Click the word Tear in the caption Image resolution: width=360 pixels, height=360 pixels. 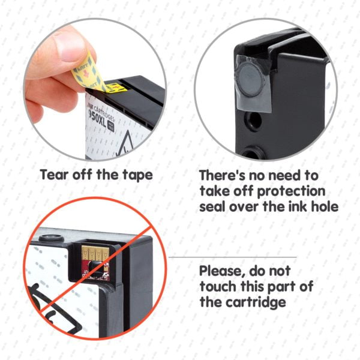point(55,175)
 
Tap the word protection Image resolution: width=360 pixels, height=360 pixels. point(292,192)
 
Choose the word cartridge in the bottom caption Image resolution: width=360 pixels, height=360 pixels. point(256,302)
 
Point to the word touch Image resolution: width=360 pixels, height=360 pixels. point(218,287)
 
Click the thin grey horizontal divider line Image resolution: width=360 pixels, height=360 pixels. point(232,257)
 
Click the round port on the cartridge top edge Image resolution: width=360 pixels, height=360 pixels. point(51,238)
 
